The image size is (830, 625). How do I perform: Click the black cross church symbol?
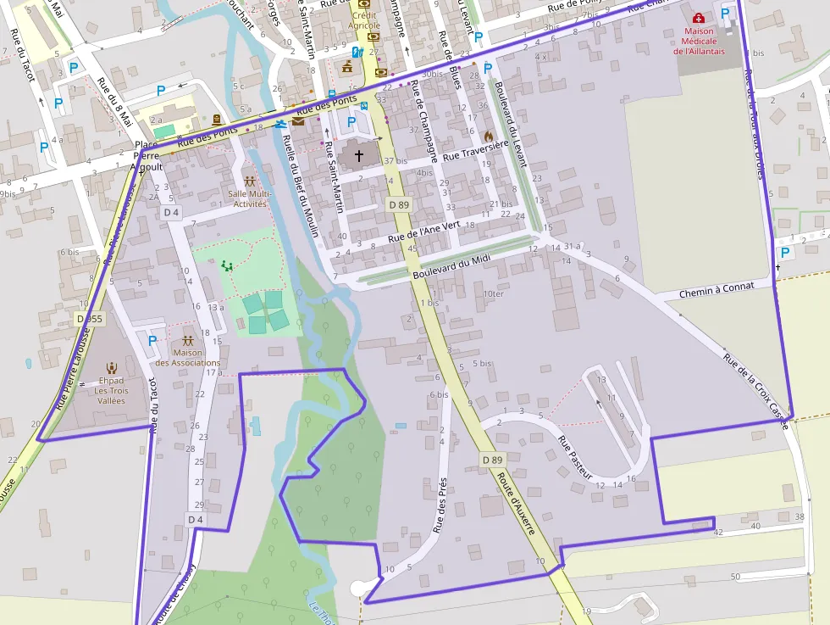359,156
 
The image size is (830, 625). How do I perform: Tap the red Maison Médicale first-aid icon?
698,19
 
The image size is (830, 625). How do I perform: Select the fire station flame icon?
488,136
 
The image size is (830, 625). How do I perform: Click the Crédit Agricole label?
364,20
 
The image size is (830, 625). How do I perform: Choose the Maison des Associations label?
187,358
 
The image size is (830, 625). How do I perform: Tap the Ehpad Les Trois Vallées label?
111,390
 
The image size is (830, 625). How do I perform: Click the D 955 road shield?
88,318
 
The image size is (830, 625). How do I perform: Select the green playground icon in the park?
226,265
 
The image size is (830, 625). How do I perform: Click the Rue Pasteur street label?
575,458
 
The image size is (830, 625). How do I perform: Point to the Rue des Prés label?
440,505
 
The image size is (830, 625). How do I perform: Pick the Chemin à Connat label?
716,290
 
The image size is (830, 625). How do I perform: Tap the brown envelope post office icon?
297,121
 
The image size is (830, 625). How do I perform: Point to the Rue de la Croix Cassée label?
755,389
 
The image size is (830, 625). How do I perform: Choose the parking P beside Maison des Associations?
152,341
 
